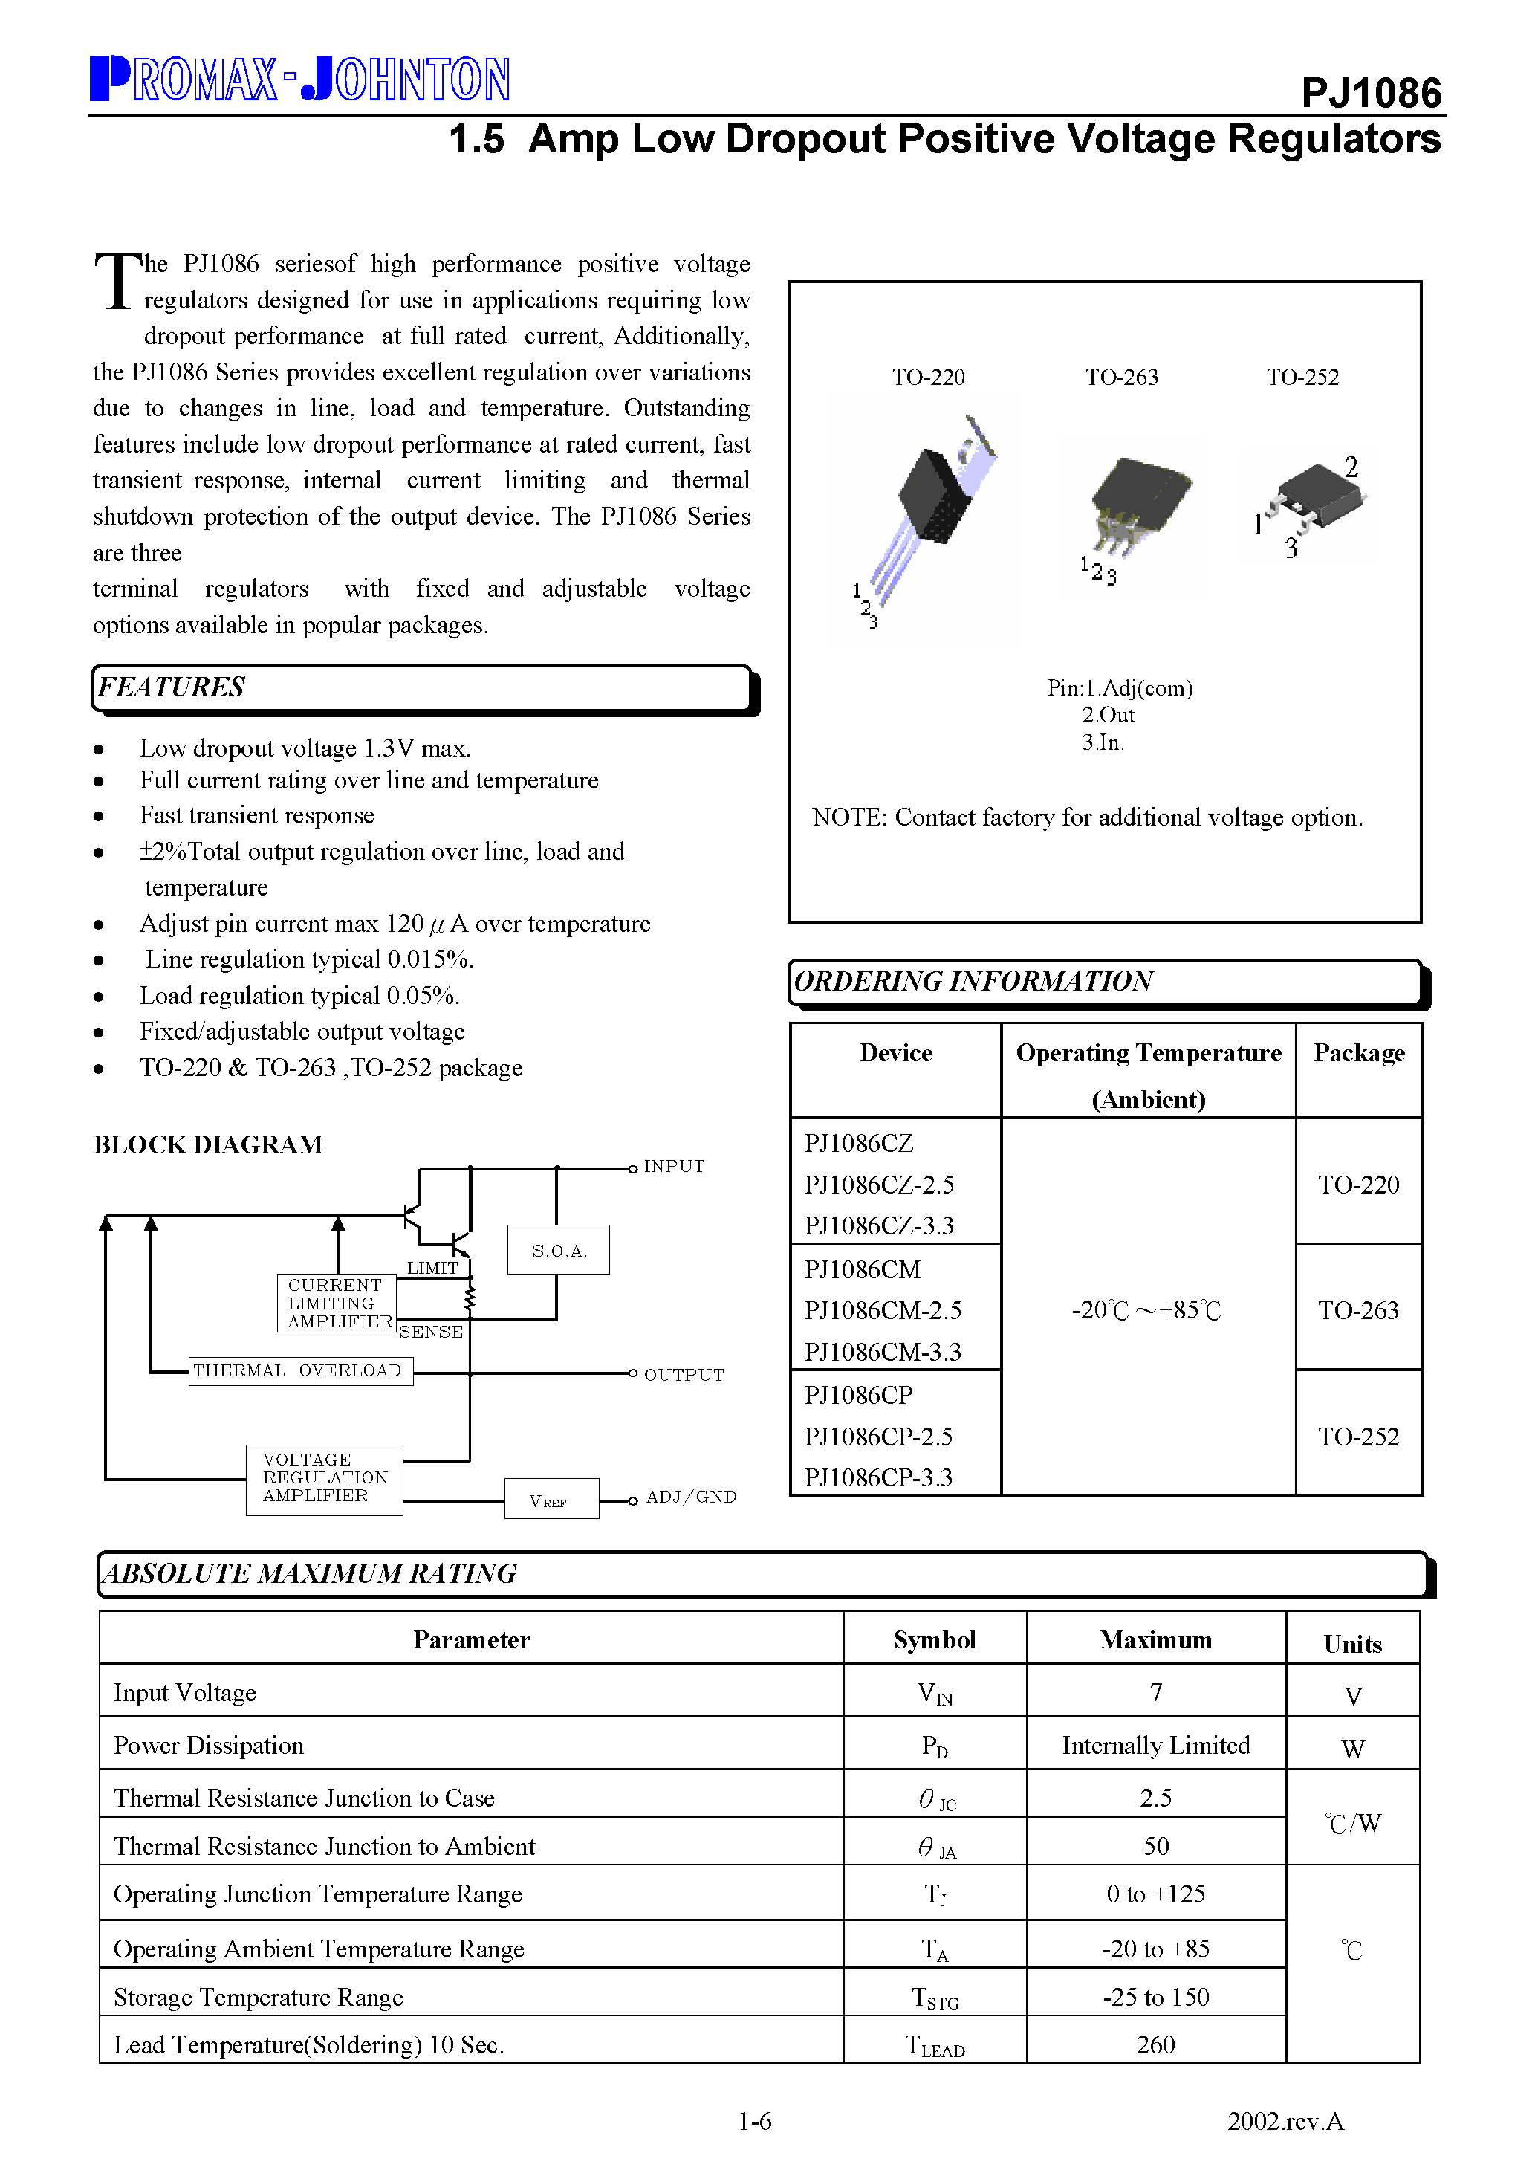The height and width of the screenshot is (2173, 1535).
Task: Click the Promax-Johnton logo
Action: (x=300, y=80)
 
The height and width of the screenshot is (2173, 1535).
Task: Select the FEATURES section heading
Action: (x=172, y=687)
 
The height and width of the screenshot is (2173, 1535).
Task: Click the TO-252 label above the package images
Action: (x=1302, y=378)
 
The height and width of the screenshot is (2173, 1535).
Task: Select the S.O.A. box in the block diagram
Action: (x=559, y=1250)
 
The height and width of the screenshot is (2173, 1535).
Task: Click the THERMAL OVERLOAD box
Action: (x=300, y=1370)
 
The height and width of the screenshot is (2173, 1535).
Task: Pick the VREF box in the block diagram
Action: (x=551, y=1499)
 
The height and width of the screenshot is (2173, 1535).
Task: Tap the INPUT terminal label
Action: (x=674, y=1167)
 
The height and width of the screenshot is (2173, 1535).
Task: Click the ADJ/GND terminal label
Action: (x=691, y=1497)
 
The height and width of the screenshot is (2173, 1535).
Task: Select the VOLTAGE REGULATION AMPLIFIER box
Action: (x=324, y=1478)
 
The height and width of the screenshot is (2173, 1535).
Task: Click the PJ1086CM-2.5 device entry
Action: (x=882, y=1311)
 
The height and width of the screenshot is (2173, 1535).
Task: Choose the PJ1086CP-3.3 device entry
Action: (x=878, y=1477)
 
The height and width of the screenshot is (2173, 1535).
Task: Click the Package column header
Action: (x=1358, y=1053)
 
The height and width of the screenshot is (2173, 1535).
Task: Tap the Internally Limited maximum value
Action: (x=1155, y=1745)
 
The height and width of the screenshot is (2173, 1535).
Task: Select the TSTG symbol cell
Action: (x=935, y=1998)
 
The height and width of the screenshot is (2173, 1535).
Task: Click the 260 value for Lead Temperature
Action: (x=1155, y=2044)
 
